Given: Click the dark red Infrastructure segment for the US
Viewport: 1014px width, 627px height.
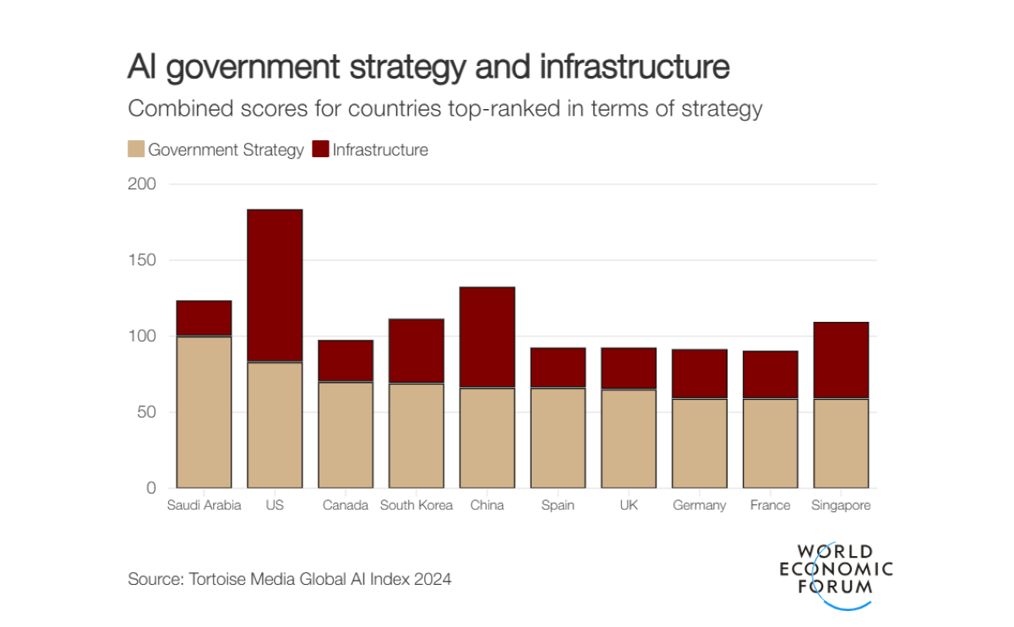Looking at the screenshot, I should (275, 286).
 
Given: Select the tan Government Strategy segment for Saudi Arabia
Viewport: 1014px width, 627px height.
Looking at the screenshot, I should (204, 412).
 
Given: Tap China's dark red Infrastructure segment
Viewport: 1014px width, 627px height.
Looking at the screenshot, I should (488, 337).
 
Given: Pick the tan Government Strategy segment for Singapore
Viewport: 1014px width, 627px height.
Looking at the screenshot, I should (841, 444).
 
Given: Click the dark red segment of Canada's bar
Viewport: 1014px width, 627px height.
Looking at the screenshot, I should (346, 361).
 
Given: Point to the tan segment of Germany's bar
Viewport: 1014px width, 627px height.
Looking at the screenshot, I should (700, 444).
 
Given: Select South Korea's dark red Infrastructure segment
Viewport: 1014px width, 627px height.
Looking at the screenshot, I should (417, 352).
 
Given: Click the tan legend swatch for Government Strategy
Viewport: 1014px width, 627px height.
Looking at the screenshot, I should (136, 150).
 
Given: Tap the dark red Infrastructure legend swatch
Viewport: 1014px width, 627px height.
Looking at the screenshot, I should (320, 150).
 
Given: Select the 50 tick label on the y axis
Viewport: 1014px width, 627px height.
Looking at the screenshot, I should (146, 412).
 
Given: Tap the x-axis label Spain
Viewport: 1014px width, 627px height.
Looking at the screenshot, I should (558, 505).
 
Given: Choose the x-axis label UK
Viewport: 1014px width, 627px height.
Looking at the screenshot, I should (629, 505).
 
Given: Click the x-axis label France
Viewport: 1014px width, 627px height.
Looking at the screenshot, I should (770, 505).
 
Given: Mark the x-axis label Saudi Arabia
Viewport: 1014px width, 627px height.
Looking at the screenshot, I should (204, 505).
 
